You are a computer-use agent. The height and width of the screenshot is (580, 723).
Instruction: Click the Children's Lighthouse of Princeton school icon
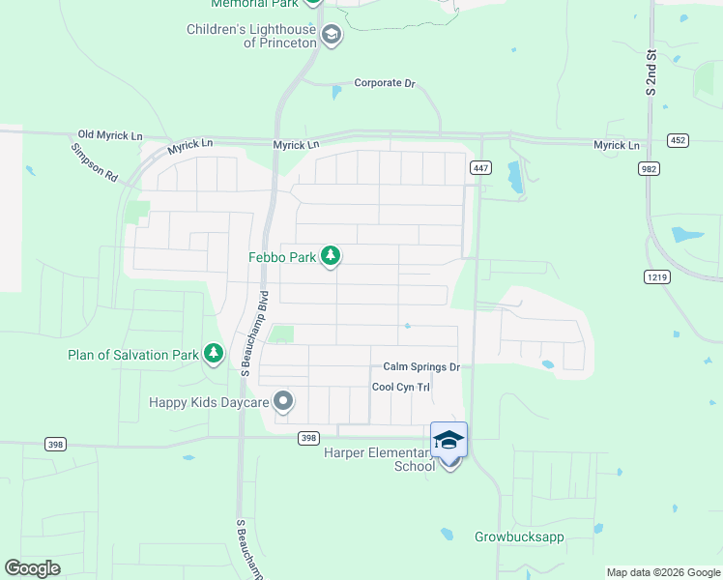point(332,36)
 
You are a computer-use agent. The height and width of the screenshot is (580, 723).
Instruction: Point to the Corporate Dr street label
point(384,83)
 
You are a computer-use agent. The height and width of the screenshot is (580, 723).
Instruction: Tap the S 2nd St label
point(651,72)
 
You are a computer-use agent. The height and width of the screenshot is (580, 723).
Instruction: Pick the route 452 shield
point(679,140)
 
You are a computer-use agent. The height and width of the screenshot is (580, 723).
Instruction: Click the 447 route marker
point(480,168)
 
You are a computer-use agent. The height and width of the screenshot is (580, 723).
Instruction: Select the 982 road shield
point(649,168)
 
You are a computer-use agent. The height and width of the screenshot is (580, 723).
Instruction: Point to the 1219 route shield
point(655,276)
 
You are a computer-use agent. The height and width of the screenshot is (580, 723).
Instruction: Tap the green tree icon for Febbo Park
point(332,256)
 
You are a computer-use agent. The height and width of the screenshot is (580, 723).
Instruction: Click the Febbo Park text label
point(283,256)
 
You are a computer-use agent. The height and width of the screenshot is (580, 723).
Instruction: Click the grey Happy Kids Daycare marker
point(283,400)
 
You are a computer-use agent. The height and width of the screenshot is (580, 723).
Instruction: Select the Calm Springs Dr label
point(420,367)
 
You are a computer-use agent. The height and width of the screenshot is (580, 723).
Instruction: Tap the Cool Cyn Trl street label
point(401,387)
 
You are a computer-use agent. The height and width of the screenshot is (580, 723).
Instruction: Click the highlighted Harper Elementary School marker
point(448,441)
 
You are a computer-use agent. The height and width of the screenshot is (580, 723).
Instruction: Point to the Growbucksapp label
point(519,536)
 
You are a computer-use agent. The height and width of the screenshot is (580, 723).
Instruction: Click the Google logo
point(32,568)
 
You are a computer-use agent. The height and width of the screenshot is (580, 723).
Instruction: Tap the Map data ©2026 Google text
point(662,572)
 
